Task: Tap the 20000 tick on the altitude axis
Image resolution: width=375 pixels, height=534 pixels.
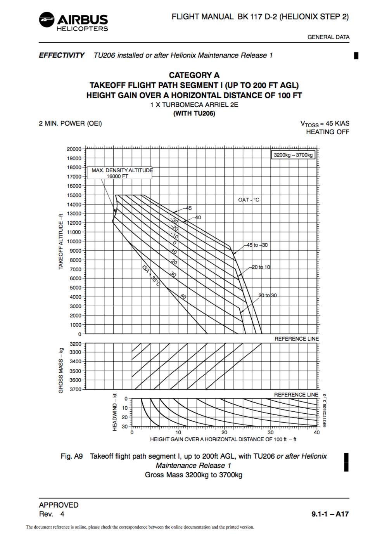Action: (x=74, y=149)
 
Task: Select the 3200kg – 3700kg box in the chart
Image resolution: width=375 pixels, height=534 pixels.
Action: (x=293, y=155)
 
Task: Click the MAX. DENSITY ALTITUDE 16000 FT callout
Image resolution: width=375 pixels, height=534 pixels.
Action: (x=120, y=173)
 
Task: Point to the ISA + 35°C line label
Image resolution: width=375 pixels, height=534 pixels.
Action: (x=151, y=276)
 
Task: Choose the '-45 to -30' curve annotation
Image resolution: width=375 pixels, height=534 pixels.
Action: (x=257, y=245)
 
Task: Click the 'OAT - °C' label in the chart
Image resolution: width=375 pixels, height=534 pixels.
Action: (x=249, y=200)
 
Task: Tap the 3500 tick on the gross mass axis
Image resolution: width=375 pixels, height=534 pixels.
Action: (x=75, y=371)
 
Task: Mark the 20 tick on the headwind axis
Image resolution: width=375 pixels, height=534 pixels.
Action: (x=124, y=417)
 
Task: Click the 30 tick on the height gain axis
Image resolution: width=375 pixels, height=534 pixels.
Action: (x=271, y=432)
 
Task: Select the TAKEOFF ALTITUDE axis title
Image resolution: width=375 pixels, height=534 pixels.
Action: (x=60, y=241)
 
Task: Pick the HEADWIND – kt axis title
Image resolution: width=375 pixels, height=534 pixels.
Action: (x=114, y=412)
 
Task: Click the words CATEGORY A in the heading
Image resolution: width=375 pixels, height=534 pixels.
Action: (x=194, y=75)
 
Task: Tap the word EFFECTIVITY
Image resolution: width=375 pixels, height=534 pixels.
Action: (x=62, y=55)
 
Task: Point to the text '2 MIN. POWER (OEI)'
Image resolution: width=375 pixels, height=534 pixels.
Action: (x=70, y=123)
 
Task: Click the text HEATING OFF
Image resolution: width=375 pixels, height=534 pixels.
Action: (x=327, y=132)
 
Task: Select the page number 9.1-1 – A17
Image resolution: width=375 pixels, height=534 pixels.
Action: (x=330, y=514)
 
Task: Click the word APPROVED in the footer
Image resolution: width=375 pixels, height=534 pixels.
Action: (x=59, y=505)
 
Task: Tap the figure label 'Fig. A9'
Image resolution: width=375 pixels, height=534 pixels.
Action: (x=72, y=456)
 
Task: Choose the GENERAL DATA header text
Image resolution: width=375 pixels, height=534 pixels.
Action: (x=328, y=37)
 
